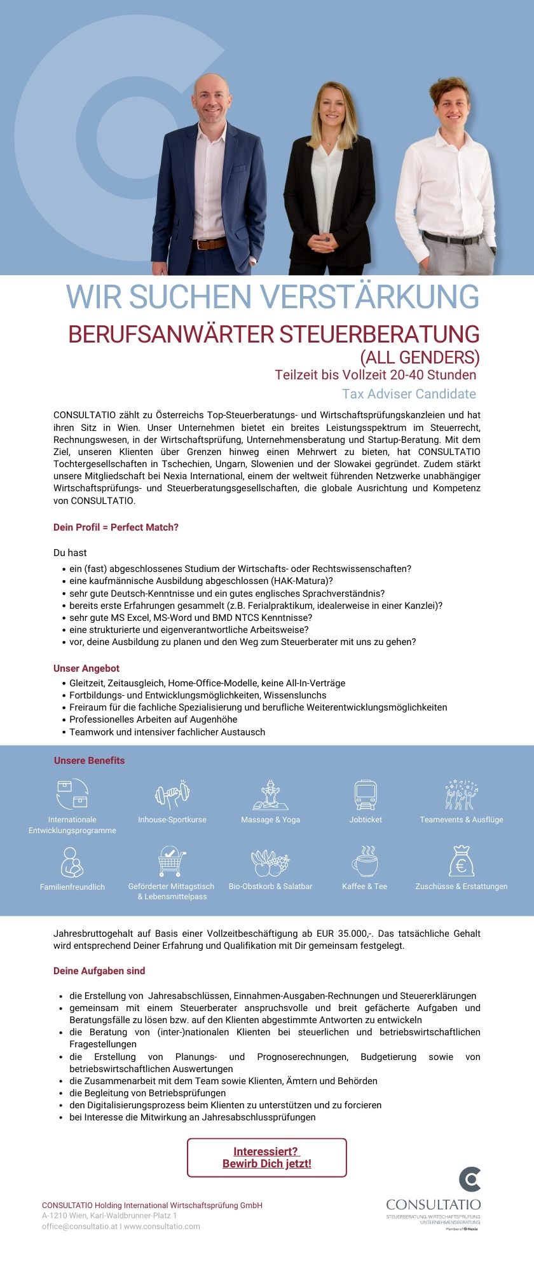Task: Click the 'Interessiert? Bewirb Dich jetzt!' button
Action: (267, 1157)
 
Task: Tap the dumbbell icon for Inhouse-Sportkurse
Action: (172, 794)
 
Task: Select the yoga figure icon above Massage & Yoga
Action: (270, 794)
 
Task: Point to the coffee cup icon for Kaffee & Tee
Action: (365, 862)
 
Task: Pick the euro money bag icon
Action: (461, 862)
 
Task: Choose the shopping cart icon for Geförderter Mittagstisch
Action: (171, 862)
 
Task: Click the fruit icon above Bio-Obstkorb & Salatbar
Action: (270, 863)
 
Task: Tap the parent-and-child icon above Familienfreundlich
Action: (72, 862)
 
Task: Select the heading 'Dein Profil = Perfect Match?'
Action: (116, 527)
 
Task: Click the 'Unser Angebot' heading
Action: (86, 669)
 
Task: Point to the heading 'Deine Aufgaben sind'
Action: (99, 971)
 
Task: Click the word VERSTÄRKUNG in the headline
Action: (369, 297)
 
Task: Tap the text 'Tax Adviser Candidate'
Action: (409, 394)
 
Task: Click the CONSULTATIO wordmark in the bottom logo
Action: (434, 1205)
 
